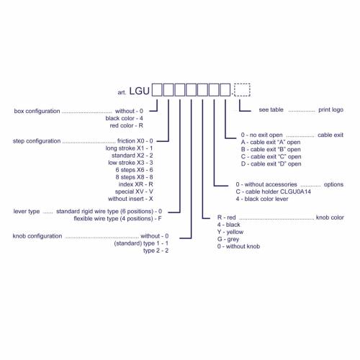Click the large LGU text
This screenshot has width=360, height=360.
[x=140, y=91]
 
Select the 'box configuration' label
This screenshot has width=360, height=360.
[x=37, y=111]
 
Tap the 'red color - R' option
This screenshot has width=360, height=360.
[x=127, y=125]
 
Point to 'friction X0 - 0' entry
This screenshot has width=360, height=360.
[x=135, y=141]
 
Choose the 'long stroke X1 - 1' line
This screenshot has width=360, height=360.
[x=129, y=148]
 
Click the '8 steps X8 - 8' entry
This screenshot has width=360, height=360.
[x=134, y=177]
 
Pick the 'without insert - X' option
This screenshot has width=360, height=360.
[x=130, y=199]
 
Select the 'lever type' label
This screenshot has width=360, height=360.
[x=27, y=212]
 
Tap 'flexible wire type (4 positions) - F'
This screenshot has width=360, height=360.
[x=117, y=219]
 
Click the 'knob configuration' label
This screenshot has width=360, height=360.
[x=37, y=236]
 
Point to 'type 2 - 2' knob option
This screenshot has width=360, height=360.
[x=156, y=251]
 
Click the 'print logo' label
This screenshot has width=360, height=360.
[x=330, y=109]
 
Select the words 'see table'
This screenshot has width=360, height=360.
[x=271, y=109]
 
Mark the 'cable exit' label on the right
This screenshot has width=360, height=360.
[x=330, y=135]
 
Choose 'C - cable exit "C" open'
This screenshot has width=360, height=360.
[x=271, y=157]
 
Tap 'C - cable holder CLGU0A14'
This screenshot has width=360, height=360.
[x=274, y=192]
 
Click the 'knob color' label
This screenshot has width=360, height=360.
[x=330, y=217]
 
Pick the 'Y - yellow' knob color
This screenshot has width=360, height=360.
[x=230, y=232]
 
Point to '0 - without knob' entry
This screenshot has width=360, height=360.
[x=238, y=246]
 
